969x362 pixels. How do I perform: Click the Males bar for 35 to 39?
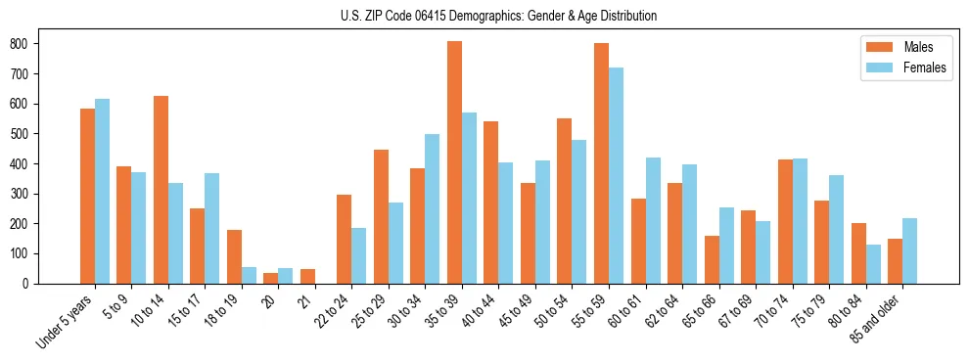tap(454, 162)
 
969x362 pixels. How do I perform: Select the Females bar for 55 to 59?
tap(616, 176)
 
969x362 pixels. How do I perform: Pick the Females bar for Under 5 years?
tap(102, 191)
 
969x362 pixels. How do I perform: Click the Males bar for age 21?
tap(307, 276)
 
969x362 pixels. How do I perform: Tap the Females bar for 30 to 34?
tap(432, 208)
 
